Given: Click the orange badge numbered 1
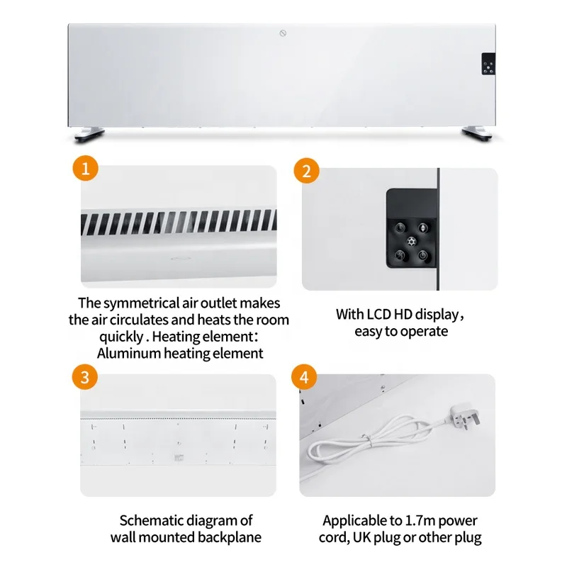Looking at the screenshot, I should pyautogui.click(x=85, y=170).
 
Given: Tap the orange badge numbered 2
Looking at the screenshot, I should pyautogui.click(x=306, y=171).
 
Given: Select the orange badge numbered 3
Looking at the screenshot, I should pyautogui.click(x=85, y=377).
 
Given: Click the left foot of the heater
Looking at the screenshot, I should pyautogui.click(x=87, y=132).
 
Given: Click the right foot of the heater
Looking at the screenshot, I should pyautogui.click(x=478, y=132).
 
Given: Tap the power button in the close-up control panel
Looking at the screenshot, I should pyautogui.click(x=423, y=255).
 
